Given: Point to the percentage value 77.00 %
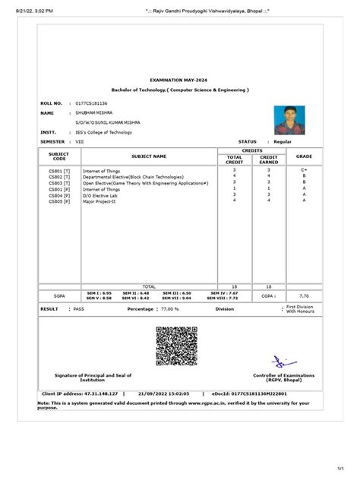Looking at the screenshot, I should click(x=168, y=310).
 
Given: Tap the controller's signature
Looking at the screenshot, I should click(x=282, y=361).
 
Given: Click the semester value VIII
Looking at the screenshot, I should click(x=78, y=141).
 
